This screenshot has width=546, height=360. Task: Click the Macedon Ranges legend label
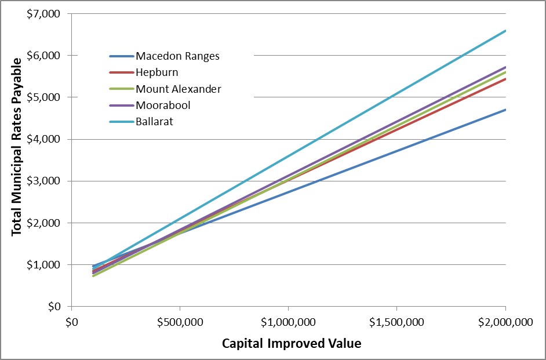177,56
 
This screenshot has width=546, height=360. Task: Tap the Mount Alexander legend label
178,89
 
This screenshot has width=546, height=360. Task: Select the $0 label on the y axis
54,306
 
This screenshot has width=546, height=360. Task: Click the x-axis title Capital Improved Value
292,343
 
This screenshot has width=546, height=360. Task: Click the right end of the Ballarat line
505,31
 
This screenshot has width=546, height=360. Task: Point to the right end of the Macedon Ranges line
505,110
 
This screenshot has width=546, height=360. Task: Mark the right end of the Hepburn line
505,79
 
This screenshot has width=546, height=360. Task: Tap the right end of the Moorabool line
505,67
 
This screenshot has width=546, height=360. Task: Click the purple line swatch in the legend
121,106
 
